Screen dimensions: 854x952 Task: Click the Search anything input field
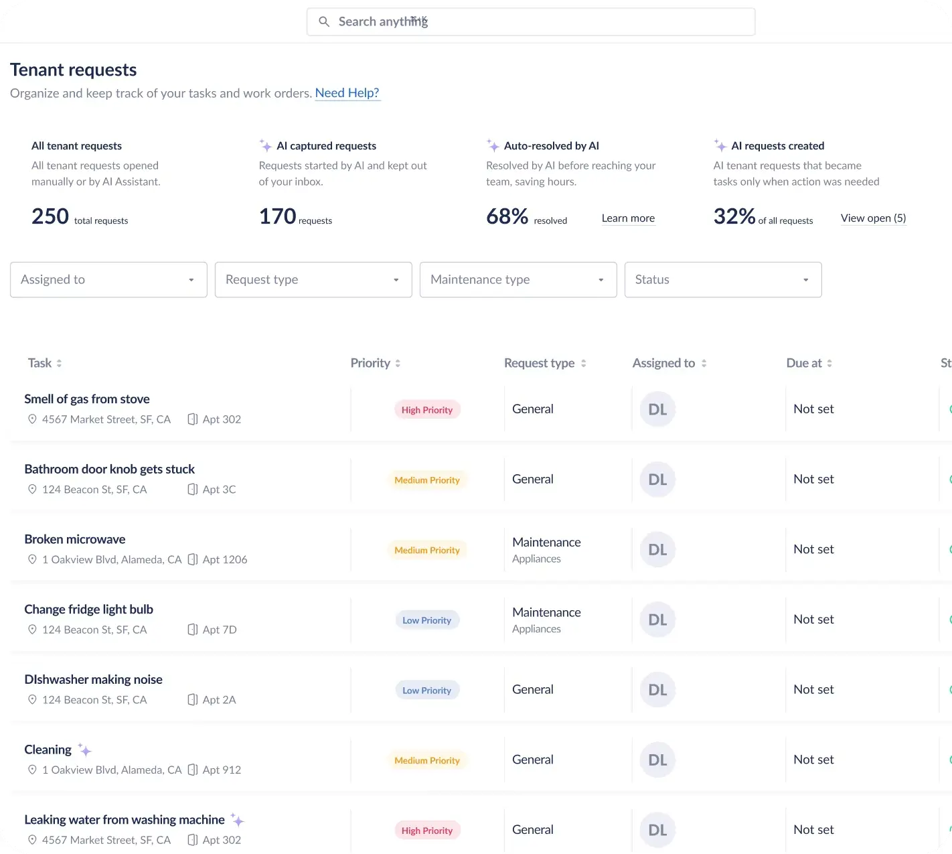coord(530,22)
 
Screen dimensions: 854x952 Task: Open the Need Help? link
coord(347,93)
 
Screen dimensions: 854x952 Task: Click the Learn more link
coord(628,218)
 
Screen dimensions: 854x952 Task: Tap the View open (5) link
coord(873,218)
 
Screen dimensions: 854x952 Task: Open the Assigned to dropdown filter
coord(108,280)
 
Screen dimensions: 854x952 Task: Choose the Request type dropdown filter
coord(313,280)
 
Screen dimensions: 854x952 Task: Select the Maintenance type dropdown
coord(518,280)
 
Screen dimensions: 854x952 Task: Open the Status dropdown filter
coord(723,280)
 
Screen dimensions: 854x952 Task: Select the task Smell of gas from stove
coord(87,399)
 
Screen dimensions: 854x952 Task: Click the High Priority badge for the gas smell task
coord(427,410)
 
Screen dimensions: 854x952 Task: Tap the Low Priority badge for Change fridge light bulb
coord(427,620)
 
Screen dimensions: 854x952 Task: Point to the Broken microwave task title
coord(75,539)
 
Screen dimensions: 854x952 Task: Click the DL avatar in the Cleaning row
coord(657,760)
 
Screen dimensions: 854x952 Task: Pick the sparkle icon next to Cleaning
coord(84,750)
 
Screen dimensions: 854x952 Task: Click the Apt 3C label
coord(219,490)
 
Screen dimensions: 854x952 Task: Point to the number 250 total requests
coord(50,216)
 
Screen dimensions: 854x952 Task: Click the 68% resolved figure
coord(507,216)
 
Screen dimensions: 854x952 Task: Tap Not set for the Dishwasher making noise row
coord(813,690)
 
